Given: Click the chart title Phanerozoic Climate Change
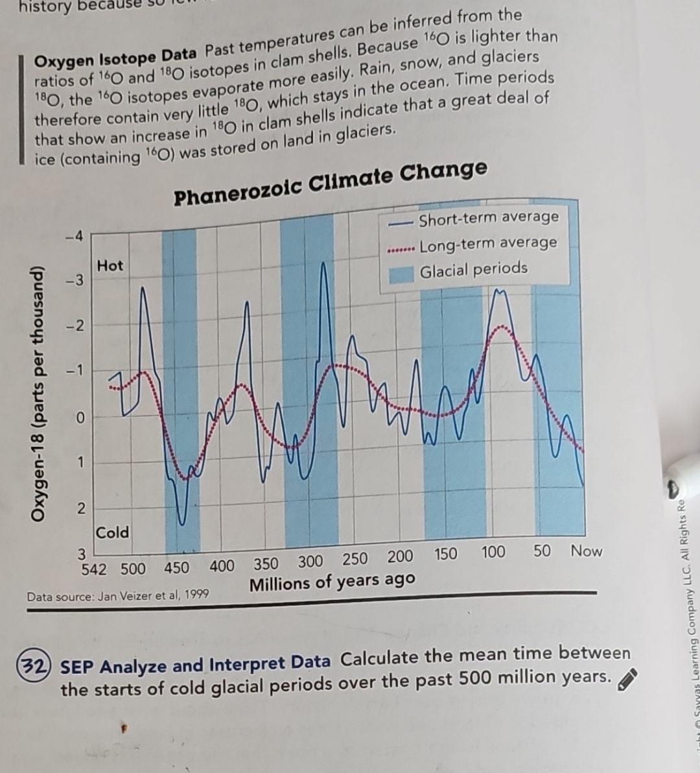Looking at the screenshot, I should click(x=331, y=184).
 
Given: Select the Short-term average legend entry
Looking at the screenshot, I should click(x=488, y=219).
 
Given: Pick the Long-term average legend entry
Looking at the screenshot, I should click(x=487, y=244).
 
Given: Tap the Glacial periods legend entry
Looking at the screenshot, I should click(x=473, y=269).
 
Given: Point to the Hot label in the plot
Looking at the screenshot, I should click(x=110, y=265).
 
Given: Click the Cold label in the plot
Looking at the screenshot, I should click(x=113, y=532).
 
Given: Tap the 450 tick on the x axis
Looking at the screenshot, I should click(x=176, y=568).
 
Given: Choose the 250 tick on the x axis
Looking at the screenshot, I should click(x=355, y=559).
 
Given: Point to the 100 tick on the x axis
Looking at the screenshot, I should click(x=493, y=553).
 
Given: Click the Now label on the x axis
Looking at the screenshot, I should click(x=586, y=551).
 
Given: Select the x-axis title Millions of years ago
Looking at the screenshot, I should click(x=332, y=582).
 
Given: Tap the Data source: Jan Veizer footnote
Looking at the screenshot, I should click(x=118, y=595).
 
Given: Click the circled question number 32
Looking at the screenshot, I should click(x=36, y=666).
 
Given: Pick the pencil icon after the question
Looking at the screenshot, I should click(x=627, y=681).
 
